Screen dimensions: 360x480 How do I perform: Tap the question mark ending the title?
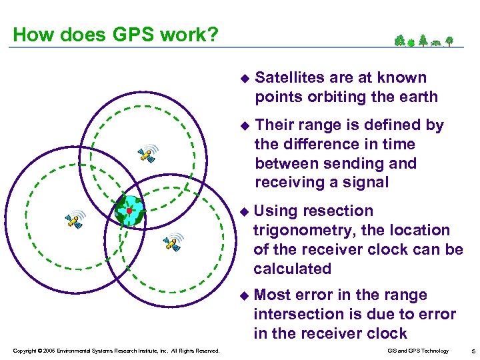click(212, 35)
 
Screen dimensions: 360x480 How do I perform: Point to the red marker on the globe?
click(129, 211)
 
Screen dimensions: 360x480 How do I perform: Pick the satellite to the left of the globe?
click(75, 219)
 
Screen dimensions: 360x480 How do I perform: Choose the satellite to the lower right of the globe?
click(173, 243)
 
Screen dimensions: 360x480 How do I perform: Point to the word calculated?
click(292, 269)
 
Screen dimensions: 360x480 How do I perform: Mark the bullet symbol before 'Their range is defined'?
click(243, 125)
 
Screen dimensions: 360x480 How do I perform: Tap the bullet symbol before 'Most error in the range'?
click(243, 295)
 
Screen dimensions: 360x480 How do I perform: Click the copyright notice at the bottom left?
click(115, 350)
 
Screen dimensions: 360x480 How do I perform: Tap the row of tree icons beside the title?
click(424, 41)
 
